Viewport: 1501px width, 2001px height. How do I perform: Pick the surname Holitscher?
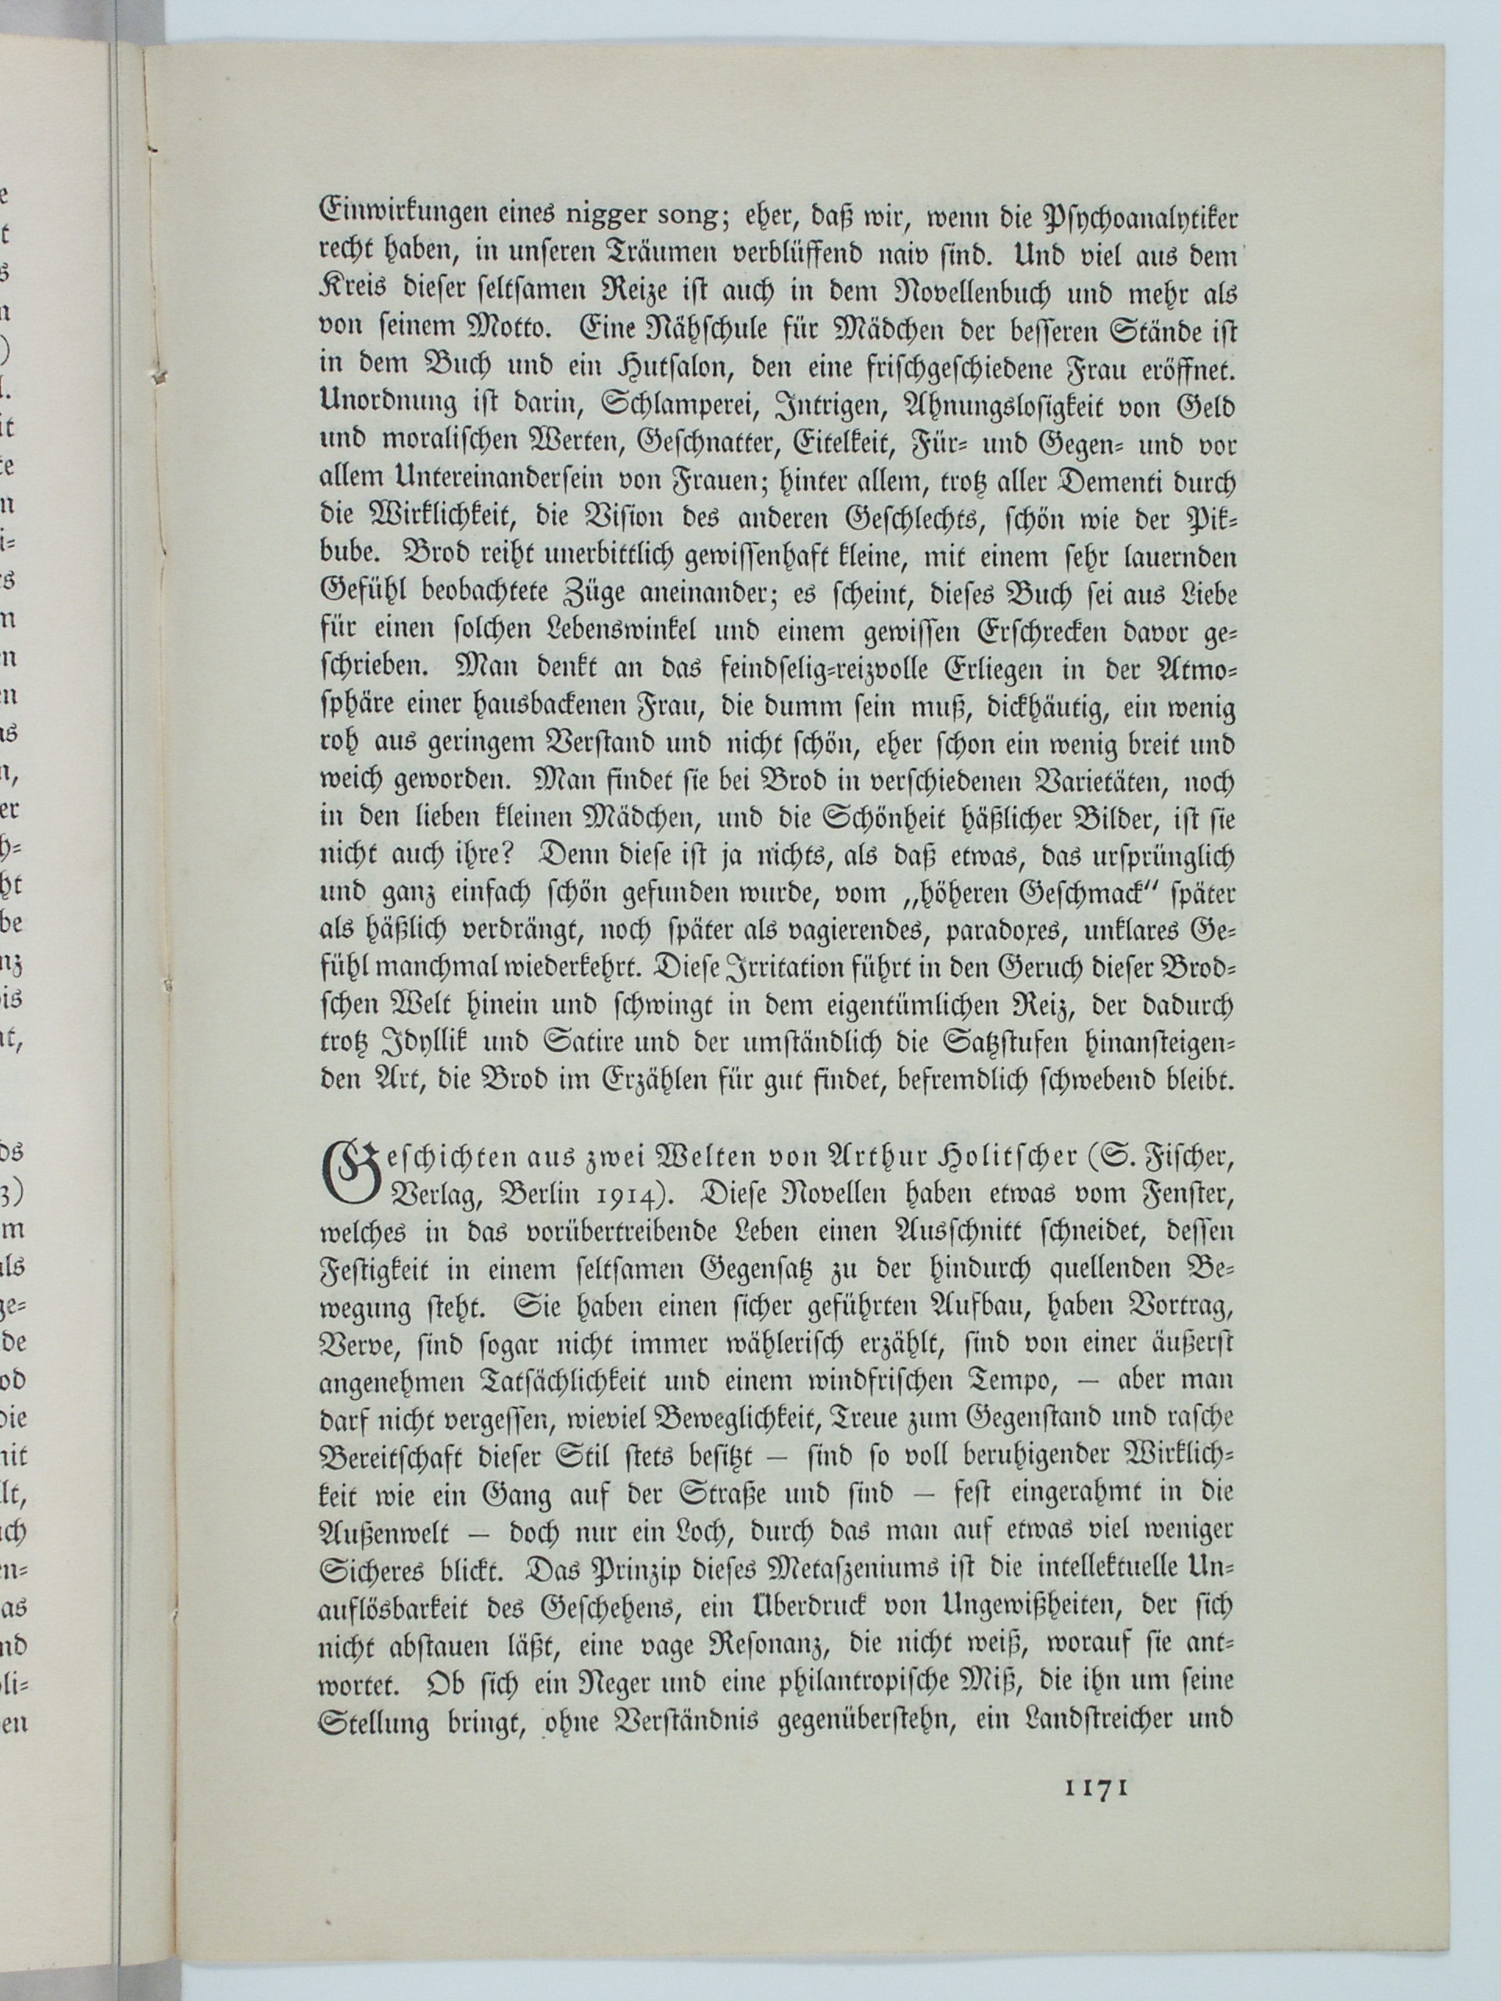click(x=986, y=1157)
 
